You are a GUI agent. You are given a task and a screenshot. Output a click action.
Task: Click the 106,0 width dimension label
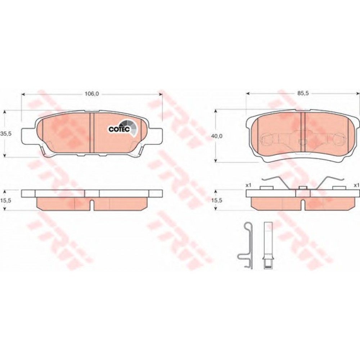91,94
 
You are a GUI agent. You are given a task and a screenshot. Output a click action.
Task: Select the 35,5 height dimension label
6,134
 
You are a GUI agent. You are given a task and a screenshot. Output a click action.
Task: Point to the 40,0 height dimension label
217,136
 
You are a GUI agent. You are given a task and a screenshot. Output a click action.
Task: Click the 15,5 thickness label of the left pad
6,200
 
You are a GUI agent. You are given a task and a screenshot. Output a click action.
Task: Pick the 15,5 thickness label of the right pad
217,200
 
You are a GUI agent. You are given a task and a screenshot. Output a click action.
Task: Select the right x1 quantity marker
356,185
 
